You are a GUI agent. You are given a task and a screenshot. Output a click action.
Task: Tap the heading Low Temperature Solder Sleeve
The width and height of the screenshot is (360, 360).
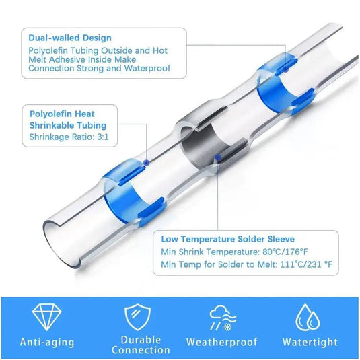coord(228,239)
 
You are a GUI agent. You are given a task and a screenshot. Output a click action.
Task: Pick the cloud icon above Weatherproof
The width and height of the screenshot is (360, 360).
coord(221,314)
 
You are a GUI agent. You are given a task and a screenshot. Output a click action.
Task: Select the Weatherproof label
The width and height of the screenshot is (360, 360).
coord(222,343)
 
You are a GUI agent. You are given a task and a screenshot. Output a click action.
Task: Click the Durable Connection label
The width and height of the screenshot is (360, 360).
coord(141,345)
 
